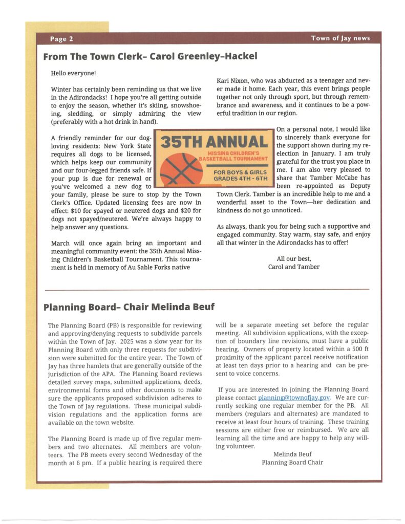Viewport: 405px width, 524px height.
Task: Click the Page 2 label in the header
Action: point(61,39)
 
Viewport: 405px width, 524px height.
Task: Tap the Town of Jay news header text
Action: point(340,38)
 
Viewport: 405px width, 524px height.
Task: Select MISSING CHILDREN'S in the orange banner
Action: point(234,154)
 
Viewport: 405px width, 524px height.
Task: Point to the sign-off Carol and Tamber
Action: point(293,267)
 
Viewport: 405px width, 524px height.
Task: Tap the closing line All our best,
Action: point(293,258)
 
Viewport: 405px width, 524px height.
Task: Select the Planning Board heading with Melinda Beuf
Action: point(129,307)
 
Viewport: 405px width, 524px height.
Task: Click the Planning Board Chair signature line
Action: point(292,462)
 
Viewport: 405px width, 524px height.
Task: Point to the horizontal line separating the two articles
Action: point(207,290)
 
